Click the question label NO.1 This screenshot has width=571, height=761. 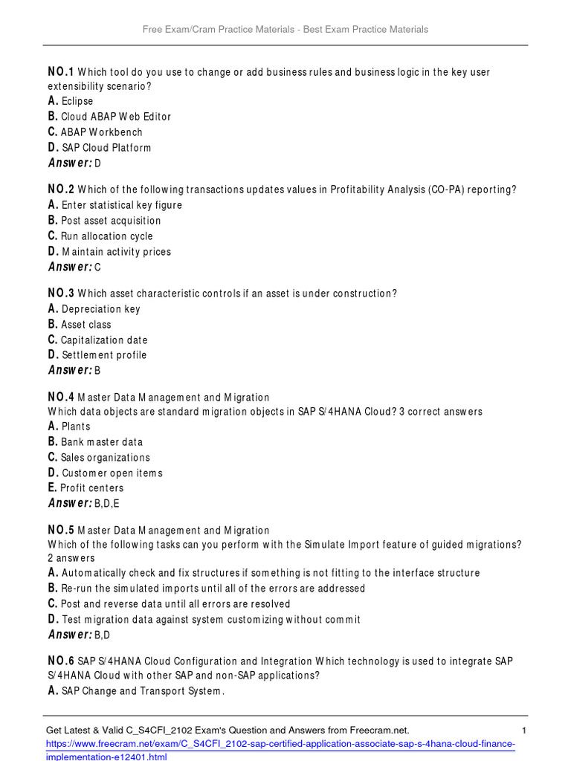[x=61, y=72]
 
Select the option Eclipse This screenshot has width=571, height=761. [x=77, y=101]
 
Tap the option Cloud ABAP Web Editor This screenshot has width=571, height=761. [x=116, y=117]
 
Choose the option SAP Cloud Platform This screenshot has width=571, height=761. [x=106, y=148]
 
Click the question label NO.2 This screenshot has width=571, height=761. [x=61, y=190]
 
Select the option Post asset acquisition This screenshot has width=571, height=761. [x=111, y=221]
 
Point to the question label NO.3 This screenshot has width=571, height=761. [x=61, y=294]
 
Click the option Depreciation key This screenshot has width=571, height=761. [x=101, y=309]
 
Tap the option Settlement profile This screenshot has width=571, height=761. [x=104, y=355]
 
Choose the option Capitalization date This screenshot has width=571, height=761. [x=104, y=340]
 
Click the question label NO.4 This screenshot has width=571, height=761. [x=61, y=398]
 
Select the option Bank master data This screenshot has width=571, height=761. [x=102, y=442]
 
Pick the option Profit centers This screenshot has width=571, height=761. [x=91, y=488]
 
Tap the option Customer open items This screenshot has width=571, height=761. [x=112, y=473]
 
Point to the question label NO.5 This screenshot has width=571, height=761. [x=61, y=531]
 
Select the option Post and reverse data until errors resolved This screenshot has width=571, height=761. [x=175, y=604]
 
